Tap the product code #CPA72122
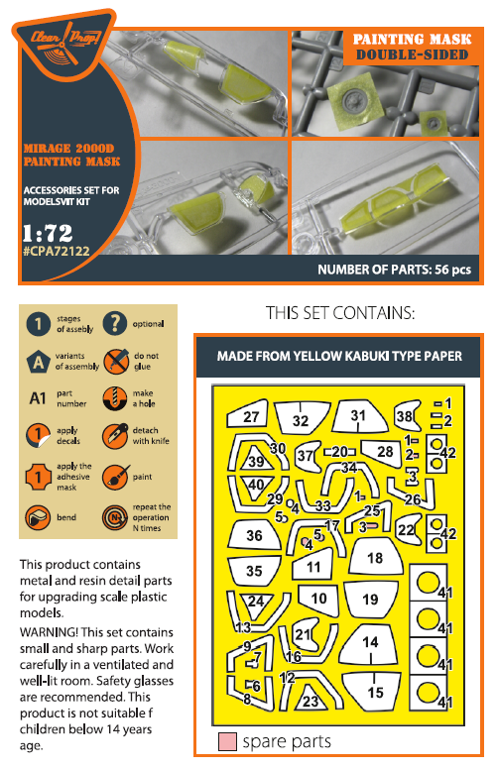coord(57,251)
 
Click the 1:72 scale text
coord(48,233)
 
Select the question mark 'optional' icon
coord(115,323)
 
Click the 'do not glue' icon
coord(116,361)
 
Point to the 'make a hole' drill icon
coord(115,397)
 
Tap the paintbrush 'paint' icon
coord(116,477)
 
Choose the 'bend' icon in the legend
coord(39,517)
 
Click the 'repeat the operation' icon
coord(115,517)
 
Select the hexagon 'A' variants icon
coord(39,362)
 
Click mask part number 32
coord(301,418)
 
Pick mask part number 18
coord(374,557)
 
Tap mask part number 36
coord(254,535)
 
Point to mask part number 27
coord(248,415)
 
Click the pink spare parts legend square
coord(227,741)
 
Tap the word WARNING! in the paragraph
coord(49,632)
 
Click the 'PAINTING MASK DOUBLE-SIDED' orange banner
coord(412,47)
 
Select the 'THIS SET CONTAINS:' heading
coord(340,313)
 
